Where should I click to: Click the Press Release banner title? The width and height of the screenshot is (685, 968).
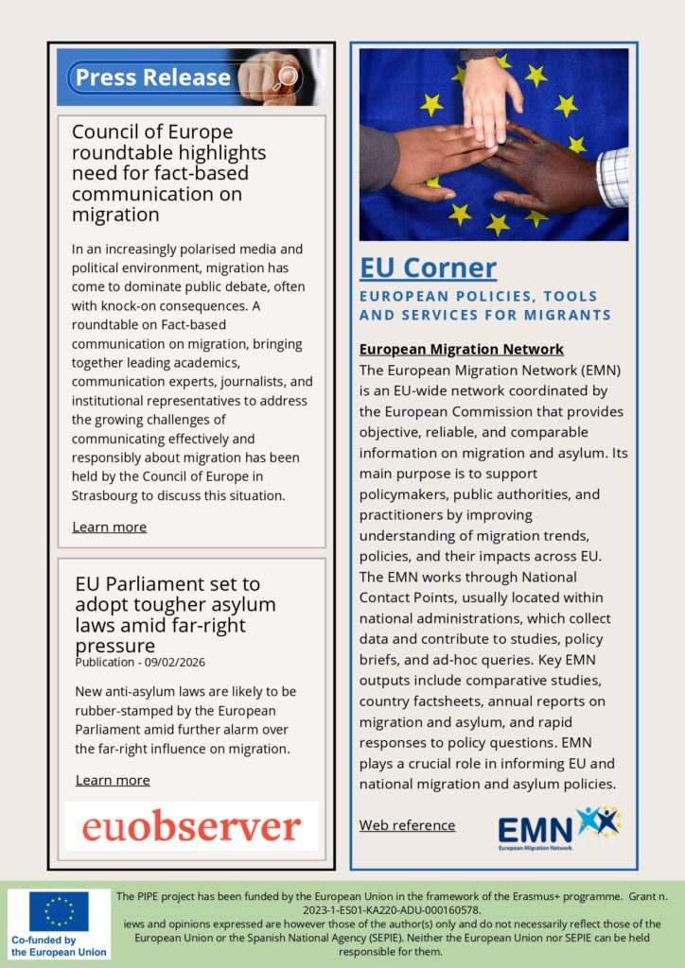(x=152, y=78)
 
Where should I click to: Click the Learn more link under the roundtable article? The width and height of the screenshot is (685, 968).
(x=109, y=527)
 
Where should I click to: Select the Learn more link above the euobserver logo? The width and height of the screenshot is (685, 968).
(x=113, y=780)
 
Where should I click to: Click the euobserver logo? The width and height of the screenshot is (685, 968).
(x=191, y=826)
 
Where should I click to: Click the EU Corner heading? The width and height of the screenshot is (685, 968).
(x=428, y=268)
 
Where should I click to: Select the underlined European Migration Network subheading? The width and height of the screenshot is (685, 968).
(x=461, y=349)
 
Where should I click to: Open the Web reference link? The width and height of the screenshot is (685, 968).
(x=407, y=825)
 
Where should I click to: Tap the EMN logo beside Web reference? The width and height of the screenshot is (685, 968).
(x=558, y=828)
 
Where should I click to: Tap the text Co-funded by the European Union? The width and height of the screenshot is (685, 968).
(x=58, y=946)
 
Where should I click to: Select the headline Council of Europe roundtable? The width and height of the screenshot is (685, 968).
(x=168, y=173)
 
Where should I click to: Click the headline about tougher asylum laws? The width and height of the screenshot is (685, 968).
(x=175, y=614)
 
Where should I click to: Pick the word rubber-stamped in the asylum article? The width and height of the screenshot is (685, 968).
(x=117, y=710)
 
